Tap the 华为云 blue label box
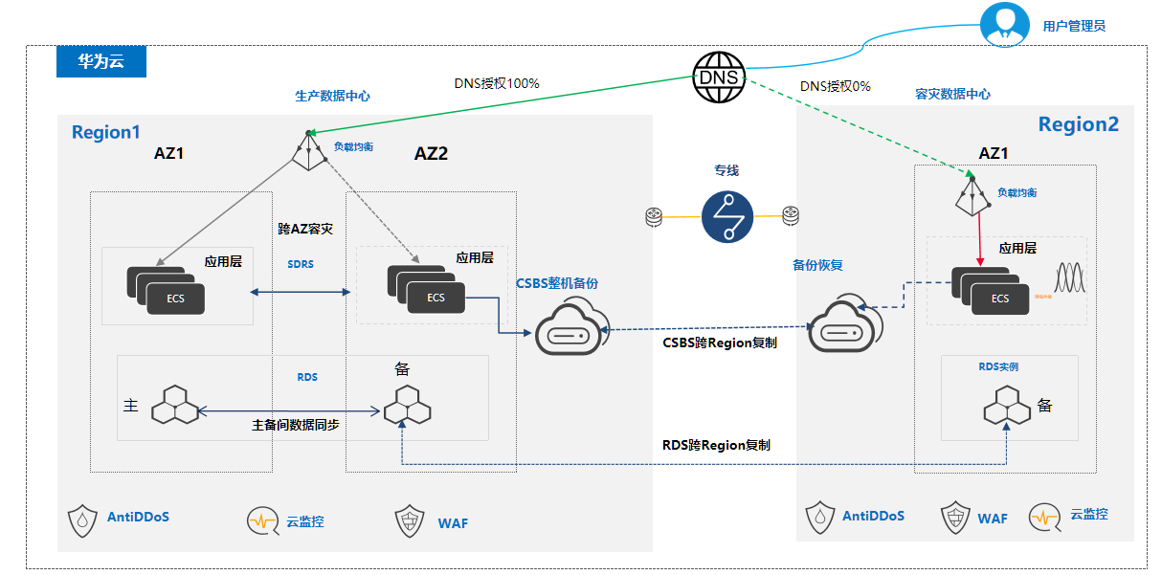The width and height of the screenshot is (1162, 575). [101, 62]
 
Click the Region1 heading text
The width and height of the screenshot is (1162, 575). [105, 132]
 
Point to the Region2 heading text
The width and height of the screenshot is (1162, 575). [1078, 124]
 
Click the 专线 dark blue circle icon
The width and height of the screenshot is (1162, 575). [727, 216]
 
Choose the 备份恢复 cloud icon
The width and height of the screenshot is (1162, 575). [839, 330]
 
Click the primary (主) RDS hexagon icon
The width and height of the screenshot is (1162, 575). [175, 406]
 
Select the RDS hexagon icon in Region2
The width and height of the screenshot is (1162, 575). [1007, 406]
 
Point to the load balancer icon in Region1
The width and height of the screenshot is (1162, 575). [308, 151]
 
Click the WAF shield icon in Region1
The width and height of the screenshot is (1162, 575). [410, 521]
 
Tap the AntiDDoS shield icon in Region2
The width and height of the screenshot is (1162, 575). [820, 517]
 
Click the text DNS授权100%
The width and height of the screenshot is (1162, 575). [497, 84]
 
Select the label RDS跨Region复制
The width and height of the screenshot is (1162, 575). [716, 445]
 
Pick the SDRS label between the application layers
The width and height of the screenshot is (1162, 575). [301, 263]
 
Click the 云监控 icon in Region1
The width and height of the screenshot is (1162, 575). [263, 521]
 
